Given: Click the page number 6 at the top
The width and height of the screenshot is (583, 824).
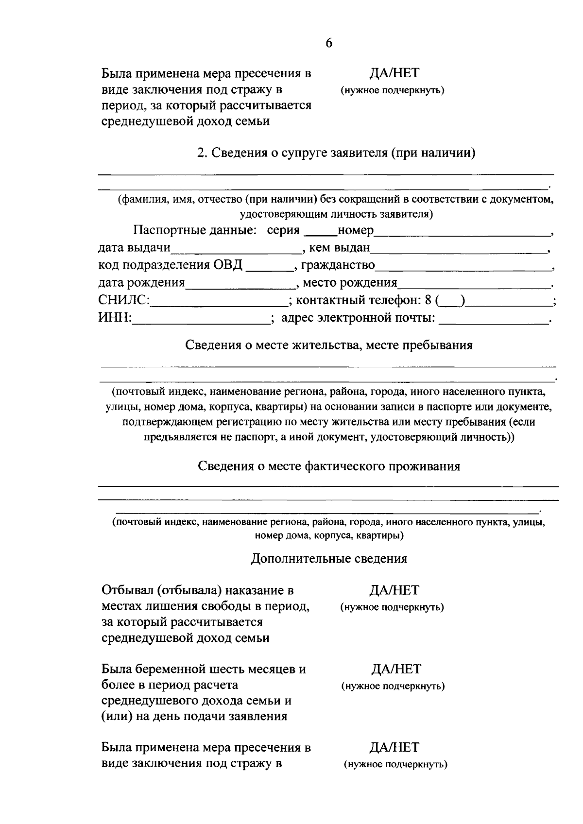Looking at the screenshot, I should pos(329,43).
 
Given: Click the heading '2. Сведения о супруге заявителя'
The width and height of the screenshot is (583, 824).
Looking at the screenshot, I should pos(336,153).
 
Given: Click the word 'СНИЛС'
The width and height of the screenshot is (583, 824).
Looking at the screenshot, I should pos(124,300).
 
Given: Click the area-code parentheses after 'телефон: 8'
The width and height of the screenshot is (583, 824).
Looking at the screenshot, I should pos(450,301).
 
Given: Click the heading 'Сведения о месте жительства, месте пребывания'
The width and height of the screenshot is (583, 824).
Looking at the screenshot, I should pos(329,345).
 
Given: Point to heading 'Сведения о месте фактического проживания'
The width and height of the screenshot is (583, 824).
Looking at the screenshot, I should pos(329,466).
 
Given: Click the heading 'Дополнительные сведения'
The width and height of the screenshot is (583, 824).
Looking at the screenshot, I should pos(329,559).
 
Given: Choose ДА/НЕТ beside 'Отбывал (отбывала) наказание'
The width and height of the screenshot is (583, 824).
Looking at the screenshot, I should pos(394,590).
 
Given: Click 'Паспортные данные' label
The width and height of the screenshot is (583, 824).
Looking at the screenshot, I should pos(195,230).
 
